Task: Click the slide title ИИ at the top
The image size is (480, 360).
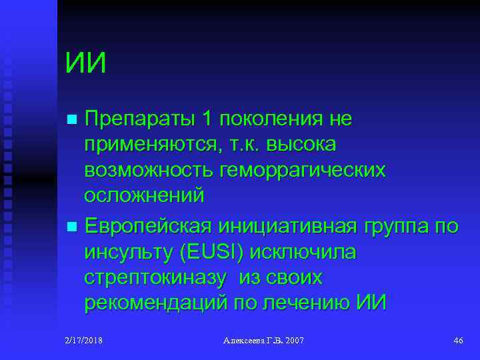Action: tap(86, 64)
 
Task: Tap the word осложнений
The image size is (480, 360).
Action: tap(144, 195)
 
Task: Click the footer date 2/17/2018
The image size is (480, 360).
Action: tap(83, 341)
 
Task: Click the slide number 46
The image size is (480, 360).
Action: tap(458, 341)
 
